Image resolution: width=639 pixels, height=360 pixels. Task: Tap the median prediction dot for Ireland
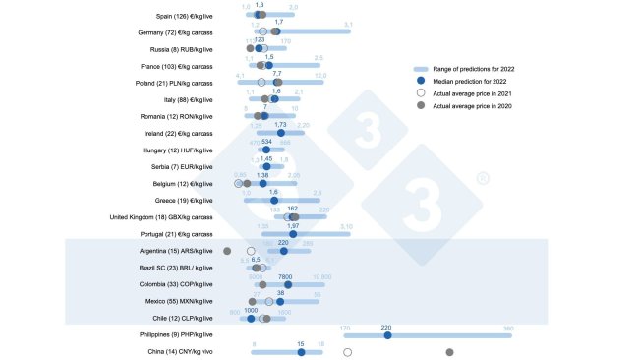[281, 133]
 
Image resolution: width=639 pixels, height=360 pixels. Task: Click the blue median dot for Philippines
[387, 335]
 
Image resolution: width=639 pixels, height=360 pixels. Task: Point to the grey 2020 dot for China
[450, 352]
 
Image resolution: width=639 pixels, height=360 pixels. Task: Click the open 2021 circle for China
[347, 352]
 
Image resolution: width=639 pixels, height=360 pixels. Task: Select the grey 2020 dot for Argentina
[228, 251]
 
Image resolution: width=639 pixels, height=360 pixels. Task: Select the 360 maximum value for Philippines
[507, 328]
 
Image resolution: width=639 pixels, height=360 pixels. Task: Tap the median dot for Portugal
[293, 234]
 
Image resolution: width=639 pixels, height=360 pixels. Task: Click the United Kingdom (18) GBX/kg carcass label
[161, 217]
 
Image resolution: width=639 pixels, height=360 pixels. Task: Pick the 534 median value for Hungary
[266, 142]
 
